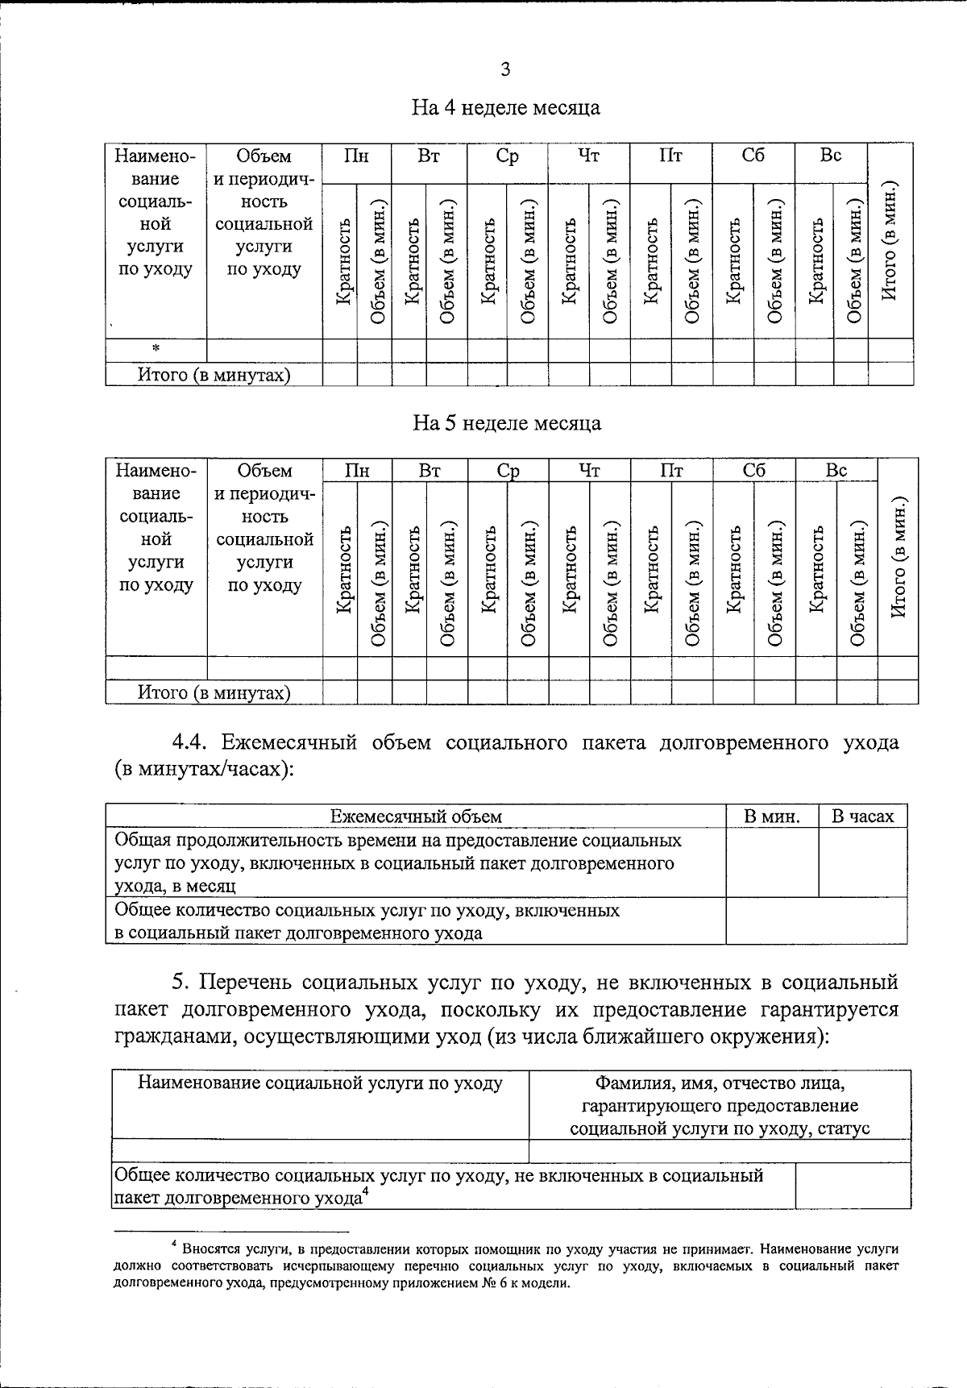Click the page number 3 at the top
[x=505, y=70]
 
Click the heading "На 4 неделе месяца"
[x=505, y=107]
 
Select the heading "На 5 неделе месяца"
[x=506, y=423]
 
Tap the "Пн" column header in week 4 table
[x=356, y=156]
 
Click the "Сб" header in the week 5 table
[x=754, y=471]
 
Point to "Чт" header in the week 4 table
[x=588, y=156]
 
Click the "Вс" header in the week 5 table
[x=836, y=471]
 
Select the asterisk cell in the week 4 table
[x=156, y=349]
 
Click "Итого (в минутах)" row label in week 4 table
[x=214, y=375]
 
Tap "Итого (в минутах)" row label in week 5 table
[x=214, y=692]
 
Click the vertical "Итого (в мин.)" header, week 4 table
[x=890, y=242]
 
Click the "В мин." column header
[x=771, y=817]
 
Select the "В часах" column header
[x=862, y=817]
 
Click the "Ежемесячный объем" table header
[x=416, y=817]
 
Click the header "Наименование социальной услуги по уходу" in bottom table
[x=320, y=1083]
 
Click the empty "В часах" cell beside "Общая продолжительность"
[x=862, y=862]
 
